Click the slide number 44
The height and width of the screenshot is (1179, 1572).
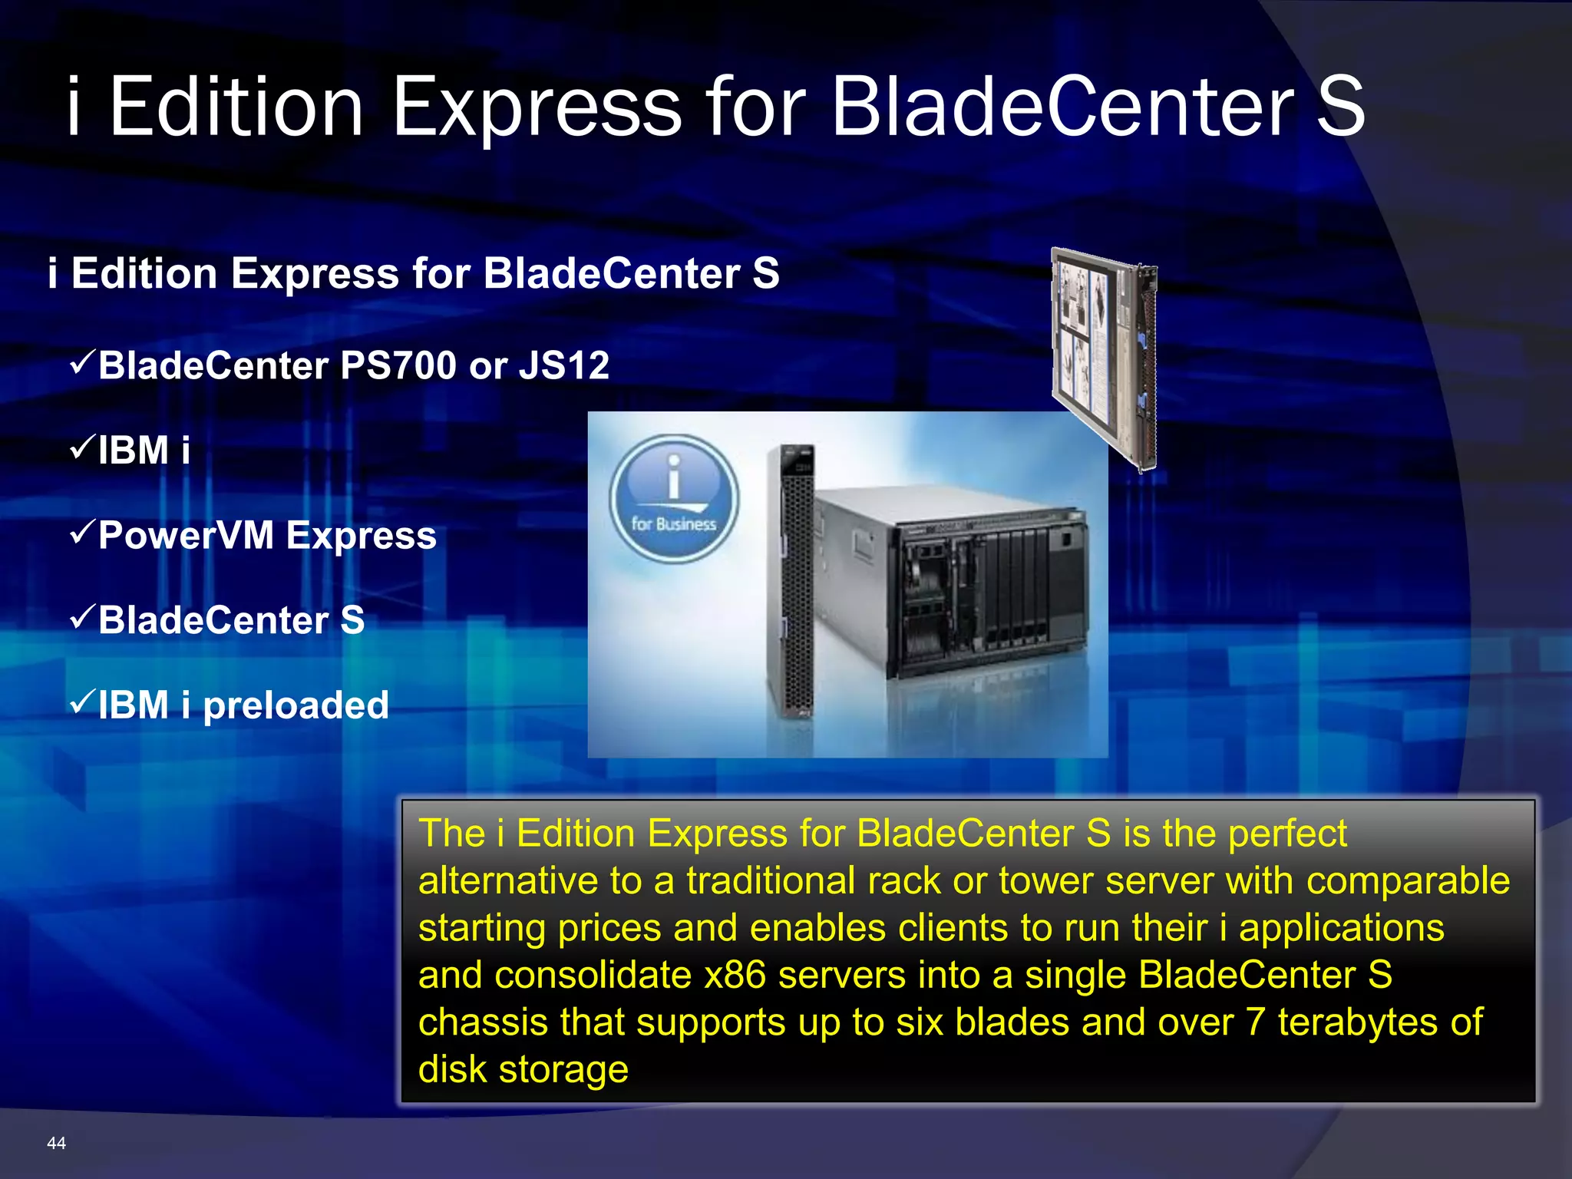tap(56, 1143)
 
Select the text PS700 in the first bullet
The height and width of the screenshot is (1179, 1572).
tap(398, 365)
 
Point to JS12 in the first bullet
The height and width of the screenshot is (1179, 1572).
tap(564, 365)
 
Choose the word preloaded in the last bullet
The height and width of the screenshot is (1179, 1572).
tap(296, 705)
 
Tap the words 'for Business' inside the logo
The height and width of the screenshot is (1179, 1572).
tap(673, 524)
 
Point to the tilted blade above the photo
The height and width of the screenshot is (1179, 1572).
tap(1104, 357)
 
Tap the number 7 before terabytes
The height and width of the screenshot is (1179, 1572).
tap(1254, 1022)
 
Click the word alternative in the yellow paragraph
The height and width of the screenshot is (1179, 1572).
tap(507, 881)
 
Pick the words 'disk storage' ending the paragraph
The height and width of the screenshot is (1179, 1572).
tap(523, 1070)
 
